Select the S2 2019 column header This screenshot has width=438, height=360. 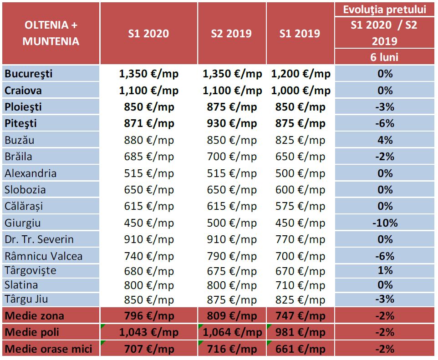(x=231, y=34)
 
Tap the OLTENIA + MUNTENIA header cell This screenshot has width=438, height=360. (x=51, y=33)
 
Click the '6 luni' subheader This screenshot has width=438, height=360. (x=385, y=57)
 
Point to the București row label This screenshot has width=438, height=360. (x=29, y=74)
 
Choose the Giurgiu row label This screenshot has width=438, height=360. (x=23, y=223)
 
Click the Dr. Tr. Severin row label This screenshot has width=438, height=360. (x=39, y=239)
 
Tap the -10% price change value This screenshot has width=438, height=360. (x=385, y=223)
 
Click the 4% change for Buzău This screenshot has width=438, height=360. (x=385, y=140)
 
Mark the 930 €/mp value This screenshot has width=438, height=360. (x=232, y=123)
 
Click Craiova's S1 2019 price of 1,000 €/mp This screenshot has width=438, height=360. (x=300, y=90)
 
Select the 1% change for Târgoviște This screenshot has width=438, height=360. (x=385, y=270)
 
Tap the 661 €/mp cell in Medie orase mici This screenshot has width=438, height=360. (x=300, y=349)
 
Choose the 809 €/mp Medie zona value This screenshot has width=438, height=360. (x=232, y=316)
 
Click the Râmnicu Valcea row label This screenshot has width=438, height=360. (x=44, y=256)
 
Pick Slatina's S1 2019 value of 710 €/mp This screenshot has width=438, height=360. (x=300, y=285)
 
